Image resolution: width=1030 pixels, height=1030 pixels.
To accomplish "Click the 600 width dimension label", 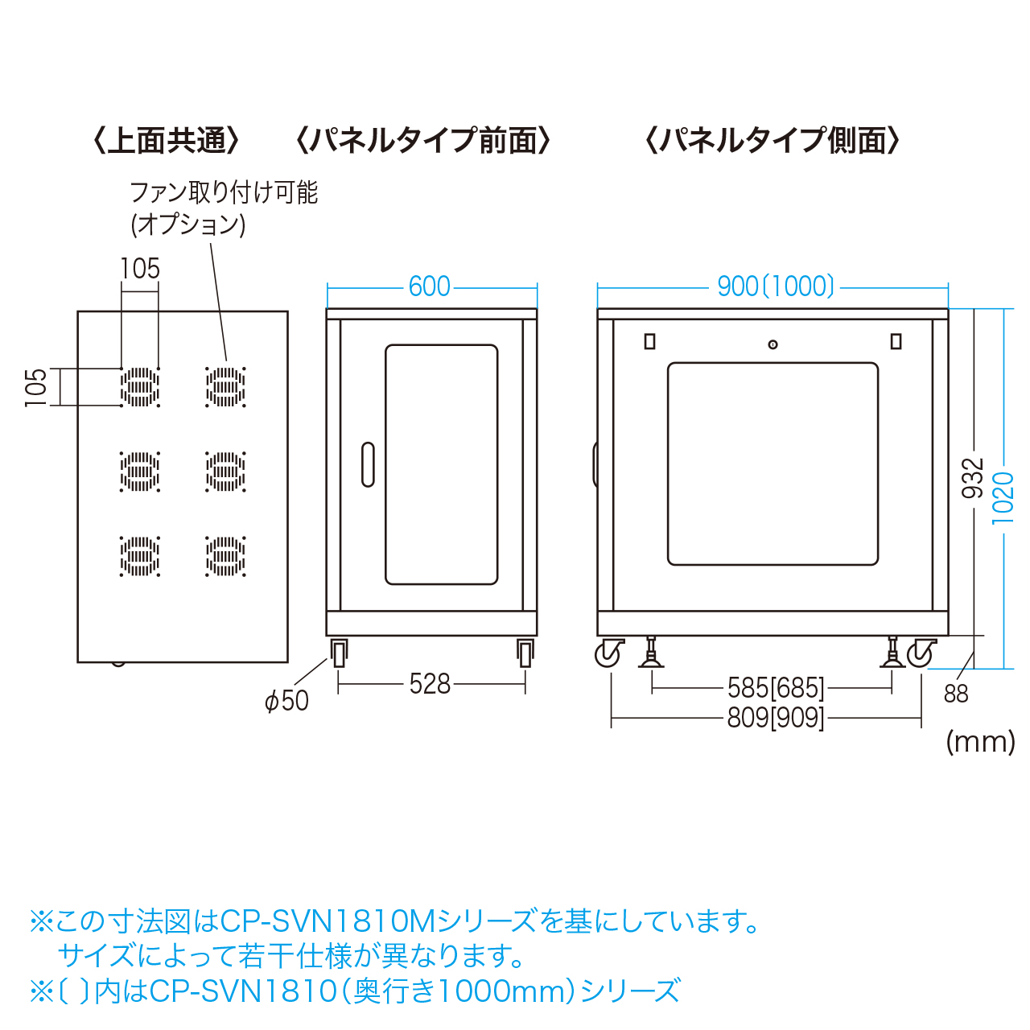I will [430, 286].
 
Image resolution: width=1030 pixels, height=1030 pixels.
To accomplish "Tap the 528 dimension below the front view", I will [430, 684].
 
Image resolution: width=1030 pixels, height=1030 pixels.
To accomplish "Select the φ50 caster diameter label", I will [286, 701].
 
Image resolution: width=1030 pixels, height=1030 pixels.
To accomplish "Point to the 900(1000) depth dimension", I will [776, 286].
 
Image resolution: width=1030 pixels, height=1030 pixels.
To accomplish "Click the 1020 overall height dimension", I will [1003, 498].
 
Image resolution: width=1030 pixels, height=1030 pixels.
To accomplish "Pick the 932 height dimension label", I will [974, 478].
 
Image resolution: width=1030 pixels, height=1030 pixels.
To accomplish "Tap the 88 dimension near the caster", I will [956, 694].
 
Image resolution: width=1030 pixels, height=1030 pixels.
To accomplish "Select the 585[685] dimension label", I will [776, 688].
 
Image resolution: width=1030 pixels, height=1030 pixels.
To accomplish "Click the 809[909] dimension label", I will [776, 717].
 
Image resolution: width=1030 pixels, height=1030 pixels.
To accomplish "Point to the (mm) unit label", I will [980, 741].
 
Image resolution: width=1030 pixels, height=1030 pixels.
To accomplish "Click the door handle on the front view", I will [368, 464].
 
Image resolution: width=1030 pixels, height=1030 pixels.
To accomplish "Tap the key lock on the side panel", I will [772, 344].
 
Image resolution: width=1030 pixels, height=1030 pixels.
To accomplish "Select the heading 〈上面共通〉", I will [167, 141].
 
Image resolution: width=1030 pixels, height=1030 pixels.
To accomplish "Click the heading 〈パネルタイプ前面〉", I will [423, 141].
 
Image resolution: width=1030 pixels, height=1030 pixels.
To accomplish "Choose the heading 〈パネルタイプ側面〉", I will [772, 141].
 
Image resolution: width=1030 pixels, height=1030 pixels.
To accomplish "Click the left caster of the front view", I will [340, 653].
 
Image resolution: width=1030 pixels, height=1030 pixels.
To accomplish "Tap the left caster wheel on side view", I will [609, 653].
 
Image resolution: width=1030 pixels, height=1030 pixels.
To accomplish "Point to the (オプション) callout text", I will [188, 224].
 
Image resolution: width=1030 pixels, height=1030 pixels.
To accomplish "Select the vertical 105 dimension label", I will [36, 387].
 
